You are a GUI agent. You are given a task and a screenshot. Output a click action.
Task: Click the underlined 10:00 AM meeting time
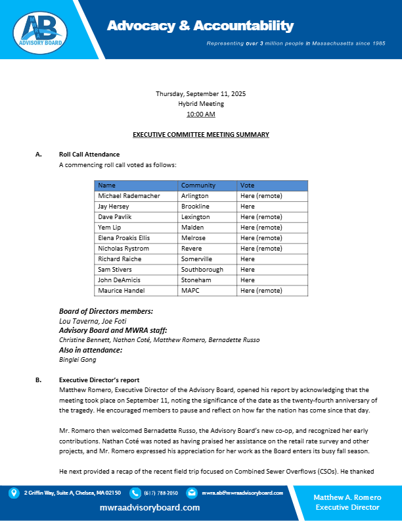click(x=200, y=114)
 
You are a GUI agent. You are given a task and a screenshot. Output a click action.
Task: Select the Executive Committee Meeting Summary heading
click(x=200, y=134)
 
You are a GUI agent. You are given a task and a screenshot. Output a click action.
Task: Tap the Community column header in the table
click(x=198, y=186)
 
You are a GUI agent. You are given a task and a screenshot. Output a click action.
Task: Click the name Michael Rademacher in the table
click(x=125, y=196)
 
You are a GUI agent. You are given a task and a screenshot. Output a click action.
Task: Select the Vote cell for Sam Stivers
click(x=248, y=270)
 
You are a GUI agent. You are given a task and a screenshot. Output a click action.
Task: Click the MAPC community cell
click(x=190, y=291)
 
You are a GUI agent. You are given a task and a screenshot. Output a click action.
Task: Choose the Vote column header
click(x=248, y=186)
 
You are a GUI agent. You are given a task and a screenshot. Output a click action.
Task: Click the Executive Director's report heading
click(x=99, y=380)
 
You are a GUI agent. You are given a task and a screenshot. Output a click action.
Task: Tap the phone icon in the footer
click(x=135, y=492)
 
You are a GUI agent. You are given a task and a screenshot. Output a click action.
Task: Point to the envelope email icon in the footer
click(x=191, y=492)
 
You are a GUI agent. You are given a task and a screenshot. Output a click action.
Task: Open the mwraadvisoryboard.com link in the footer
click(x=150, y=508)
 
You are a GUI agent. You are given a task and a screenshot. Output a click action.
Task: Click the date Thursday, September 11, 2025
click(x=200, y=93)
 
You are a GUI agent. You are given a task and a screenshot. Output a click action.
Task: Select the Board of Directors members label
click(x=106, y=311)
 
